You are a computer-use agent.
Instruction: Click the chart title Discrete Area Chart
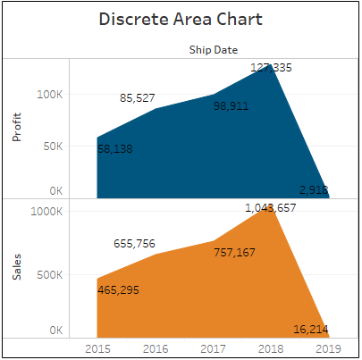(x=181, y=20)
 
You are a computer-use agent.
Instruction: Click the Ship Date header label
(x=213, y=50)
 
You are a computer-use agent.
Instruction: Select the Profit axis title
(x=18, y=127)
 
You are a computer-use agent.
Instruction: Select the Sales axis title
(x=18, y=266)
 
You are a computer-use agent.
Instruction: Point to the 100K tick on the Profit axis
(x=48, y=94)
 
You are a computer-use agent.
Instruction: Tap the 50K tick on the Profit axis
(x=52, y=143)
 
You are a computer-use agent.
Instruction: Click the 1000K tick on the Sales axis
(x=46, y=212)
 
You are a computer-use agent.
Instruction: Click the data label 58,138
(x=115, y=149)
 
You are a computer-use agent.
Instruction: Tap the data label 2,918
(x=314, y=189)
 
